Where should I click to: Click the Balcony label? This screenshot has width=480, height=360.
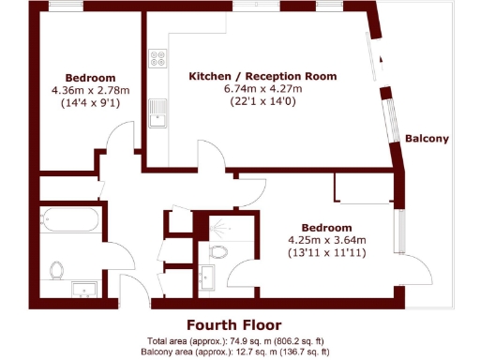pyautogui.click(x=427, y=139)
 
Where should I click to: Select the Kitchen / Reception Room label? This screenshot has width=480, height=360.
pyautogui.click(x=262, y=76)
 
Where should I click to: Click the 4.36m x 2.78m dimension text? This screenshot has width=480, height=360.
pyautogui.click(x=91, y=90)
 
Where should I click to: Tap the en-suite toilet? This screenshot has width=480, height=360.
pyautogui.click(x=220, y=251)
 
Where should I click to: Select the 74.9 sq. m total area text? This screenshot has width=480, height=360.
pyautogui.click(x=238, y=340)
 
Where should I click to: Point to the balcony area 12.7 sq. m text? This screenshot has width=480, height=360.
pyautogui.click(x=238, y=352)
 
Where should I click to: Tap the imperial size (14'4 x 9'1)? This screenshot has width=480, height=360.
pyautogui.click(x=91, y=103)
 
